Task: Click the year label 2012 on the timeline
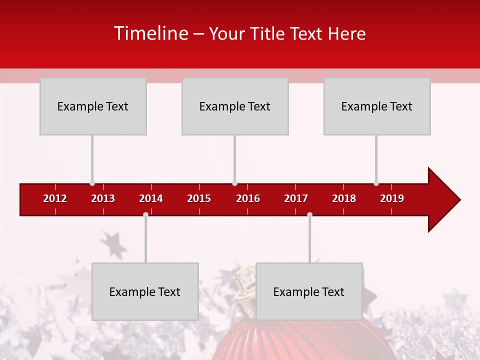tap(55, 198)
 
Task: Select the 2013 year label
tap(103, 198)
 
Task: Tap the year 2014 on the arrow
tap(151, 198)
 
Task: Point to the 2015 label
tap(199, 198)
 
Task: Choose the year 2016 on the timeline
tap(248, 198)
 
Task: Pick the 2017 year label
tap(296, 198)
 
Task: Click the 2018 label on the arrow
tap(344, 198)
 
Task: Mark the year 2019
tap(392, 198)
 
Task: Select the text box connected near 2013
tap(93, 106)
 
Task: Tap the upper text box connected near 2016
tap(235, 106)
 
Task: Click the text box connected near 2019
tap(377, 106)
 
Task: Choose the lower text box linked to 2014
tap(145, 291)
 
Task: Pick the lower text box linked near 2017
tap(309, 291)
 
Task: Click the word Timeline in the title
tap(151, 33)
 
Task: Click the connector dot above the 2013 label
tap(92, 183)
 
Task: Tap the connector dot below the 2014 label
tap(145, 214)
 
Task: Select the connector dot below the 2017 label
tap(309, 214)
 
